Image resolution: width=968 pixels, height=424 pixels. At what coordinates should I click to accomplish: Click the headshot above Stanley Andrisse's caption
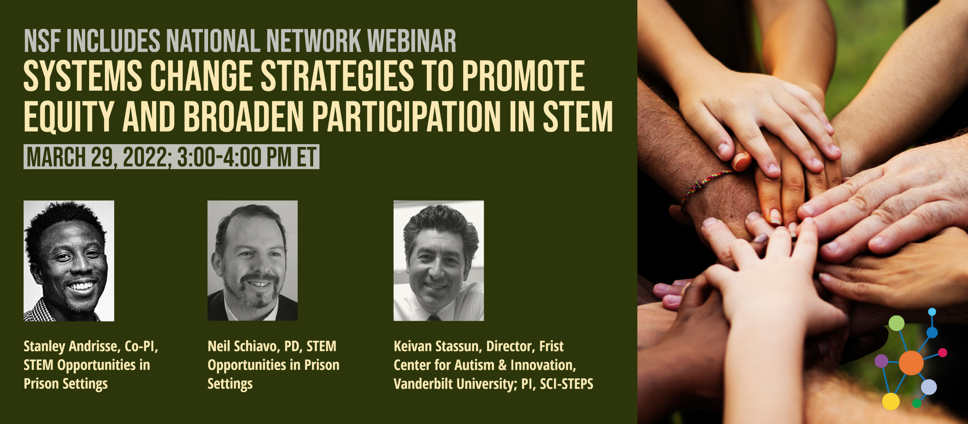(x=69, y=261)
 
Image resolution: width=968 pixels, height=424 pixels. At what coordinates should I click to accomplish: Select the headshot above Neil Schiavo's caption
(x=253, y=261)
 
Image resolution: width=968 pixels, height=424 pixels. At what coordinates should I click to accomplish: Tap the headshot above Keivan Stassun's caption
(x=439, y=261)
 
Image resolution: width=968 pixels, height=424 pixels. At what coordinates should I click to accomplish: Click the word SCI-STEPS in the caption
(x=567, y=384)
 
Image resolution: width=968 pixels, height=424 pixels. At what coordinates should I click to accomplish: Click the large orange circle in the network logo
(x=911, y=363)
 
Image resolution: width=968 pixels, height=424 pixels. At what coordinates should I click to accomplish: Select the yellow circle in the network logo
(x=891, y=401)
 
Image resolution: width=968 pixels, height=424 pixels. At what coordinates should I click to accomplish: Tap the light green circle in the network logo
(x=897, y=323)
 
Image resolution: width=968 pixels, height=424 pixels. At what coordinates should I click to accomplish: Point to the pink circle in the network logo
(x=943, y=353)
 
